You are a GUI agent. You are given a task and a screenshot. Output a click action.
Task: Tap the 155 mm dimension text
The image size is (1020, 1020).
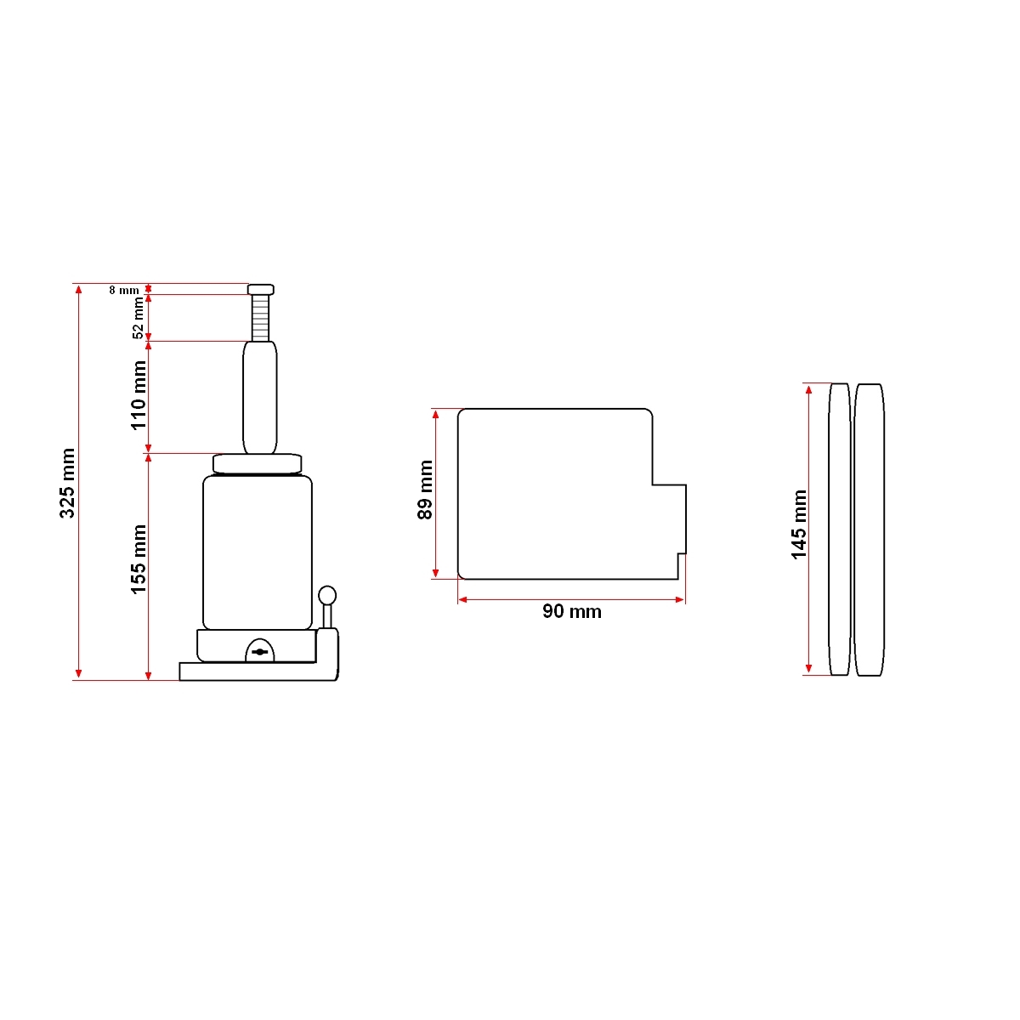pos(139,558)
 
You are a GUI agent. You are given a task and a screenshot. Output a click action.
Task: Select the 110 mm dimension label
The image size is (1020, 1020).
pos(139,395)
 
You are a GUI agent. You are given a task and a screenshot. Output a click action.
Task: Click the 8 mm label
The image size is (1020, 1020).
pos(124,290)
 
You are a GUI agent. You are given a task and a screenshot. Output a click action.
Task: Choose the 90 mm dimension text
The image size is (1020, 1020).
pos(572,612)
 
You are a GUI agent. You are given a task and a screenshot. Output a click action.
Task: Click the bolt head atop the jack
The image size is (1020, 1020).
pos(261,289)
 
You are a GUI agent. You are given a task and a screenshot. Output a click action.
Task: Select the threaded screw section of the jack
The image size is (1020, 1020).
pos(260,318)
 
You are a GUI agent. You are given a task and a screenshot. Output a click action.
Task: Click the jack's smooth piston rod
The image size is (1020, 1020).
pos(259,397)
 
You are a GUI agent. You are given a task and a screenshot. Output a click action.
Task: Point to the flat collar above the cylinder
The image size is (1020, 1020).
pos(258,464)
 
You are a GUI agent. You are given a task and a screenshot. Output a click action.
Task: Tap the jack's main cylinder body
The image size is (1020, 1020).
pos(258,552)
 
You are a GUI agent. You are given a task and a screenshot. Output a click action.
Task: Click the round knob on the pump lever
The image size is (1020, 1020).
pos(327,594)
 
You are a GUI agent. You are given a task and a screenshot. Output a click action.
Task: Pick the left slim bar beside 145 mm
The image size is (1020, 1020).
pos(840,530)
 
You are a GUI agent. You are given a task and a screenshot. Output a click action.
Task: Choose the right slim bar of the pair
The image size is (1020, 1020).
pos(870,530)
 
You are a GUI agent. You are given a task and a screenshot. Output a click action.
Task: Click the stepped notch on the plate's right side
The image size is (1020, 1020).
pos(670,518)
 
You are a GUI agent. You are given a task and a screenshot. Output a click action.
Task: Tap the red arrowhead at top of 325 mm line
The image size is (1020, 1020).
pos(79,289)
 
